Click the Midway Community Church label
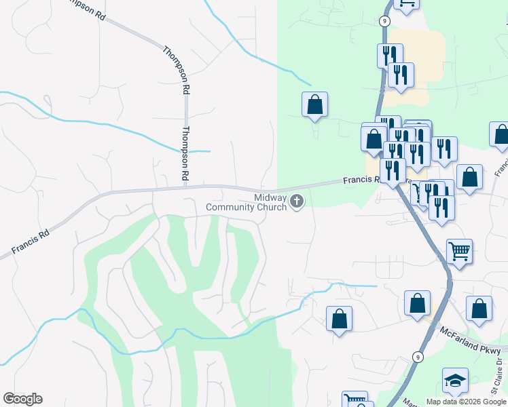pos(261,201)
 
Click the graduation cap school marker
pos(455,381)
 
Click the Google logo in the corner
pos(22,399)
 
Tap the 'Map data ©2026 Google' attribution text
pos(465,402)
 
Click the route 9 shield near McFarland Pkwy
pos(418,356)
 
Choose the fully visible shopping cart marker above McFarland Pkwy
pos(460,251)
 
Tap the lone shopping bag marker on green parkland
pos(314,104)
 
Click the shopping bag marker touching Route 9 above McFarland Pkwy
pos(417,303)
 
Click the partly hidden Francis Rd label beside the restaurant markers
pos(360,180)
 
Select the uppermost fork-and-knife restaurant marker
pos(390,56)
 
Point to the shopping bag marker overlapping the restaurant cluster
pos(374,139)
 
